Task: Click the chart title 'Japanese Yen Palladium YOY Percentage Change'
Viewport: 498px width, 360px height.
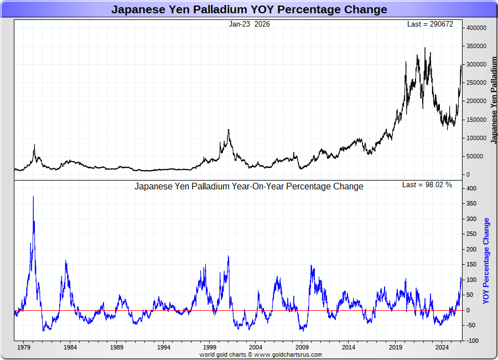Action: [249, 9]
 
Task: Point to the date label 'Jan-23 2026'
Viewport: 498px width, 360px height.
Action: [250, 24]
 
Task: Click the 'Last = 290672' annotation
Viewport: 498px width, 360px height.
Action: [429, 24]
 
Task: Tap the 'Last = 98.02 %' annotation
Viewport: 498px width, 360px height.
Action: [427, 185]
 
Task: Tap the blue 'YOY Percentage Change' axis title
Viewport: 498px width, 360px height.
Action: [486, 260]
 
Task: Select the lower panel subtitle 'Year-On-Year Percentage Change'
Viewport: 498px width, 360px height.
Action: [249, 186]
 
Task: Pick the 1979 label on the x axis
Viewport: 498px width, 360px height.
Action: [23, 347]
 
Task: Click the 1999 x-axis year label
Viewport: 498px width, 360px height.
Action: [210, 347]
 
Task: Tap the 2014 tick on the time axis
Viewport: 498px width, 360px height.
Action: [349, 347]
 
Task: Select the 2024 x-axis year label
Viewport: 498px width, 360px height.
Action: [442, 347]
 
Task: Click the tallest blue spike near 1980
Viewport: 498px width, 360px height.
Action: [33, 197]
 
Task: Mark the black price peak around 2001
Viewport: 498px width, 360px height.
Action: [229, 130]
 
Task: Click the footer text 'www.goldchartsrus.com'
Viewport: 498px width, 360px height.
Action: [288, 354]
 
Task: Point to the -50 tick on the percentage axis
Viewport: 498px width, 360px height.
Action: [473, 326]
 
